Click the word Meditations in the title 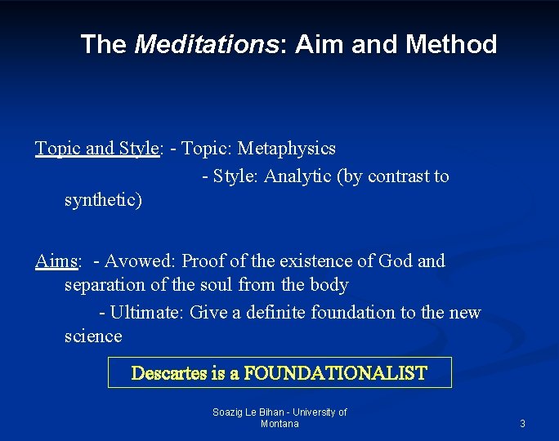coord(206,44)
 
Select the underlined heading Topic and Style coord(96,149)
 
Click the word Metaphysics coord(286,149)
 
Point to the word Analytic coord(297,176)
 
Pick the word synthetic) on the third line coord(103,200)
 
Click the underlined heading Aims coord(56,261)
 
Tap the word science coord(93,336)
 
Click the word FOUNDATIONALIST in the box coord(335,373)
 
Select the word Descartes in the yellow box coord(168,373)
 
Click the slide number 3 coord(522,424)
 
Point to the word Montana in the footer coord(279,424)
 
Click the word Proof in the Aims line coord(203,261)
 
